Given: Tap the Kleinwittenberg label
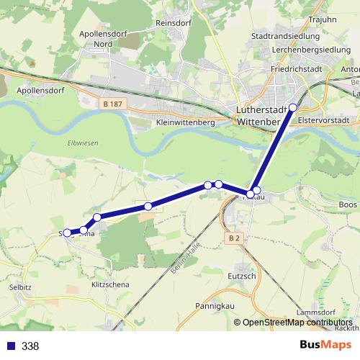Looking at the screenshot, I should [x=185, y=123].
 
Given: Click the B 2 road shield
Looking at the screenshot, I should [x=233, y=238].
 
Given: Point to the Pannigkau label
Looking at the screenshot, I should [x=212, y=305].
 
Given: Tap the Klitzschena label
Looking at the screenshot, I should [x=109, y=285].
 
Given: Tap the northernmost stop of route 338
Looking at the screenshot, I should [x=292, y=108].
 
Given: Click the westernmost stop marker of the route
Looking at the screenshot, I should [x=67, y=233].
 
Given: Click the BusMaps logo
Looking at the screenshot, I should [x=325, y=346].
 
